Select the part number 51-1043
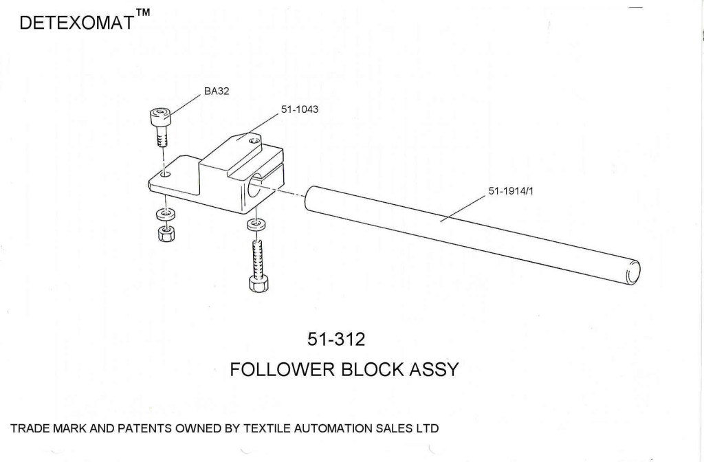[x=299, y=109]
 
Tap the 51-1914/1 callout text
[x=511, y=192]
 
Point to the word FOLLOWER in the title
[x=284, y=369]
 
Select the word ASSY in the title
[x=434, y=369]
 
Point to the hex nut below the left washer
[x=165, y=234]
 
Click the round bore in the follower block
[x=263, y=185]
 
